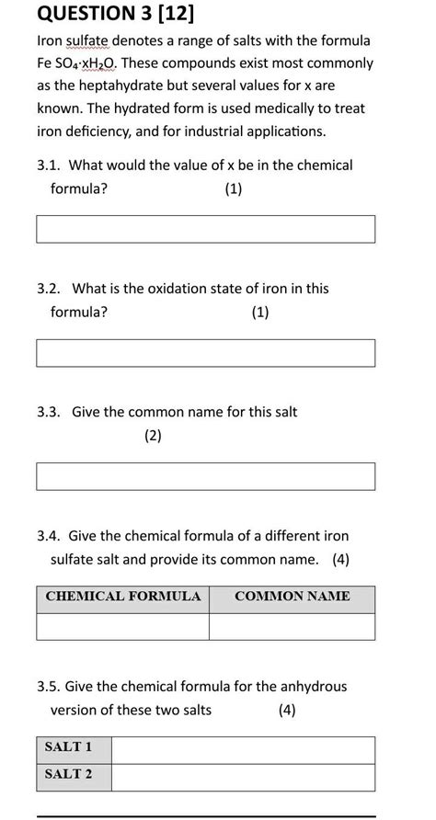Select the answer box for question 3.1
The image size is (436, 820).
click(x=205, y=229)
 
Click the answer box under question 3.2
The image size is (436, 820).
click(x=205, y=353)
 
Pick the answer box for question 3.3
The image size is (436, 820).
click(x=205, y=476)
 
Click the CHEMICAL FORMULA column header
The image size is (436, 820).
click(x=122, y=597)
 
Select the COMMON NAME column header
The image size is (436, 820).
click(x=292, y=597)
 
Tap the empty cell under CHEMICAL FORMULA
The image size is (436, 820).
click(x=122, y=626)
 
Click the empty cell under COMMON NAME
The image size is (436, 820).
click(x=292, y=626)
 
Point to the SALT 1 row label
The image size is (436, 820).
click(x=69, y=748)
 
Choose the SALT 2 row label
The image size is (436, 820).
click(x=69, y=775)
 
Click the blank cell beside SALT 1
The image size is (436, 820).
click(x=243, y=749)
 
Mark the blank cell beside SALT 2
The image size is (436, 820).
click(x=243, y=777)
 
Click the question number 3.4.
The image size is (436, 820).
click(x=49, y=536)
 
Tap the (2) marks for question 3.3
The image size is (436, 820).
click(x=153, y=437)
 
